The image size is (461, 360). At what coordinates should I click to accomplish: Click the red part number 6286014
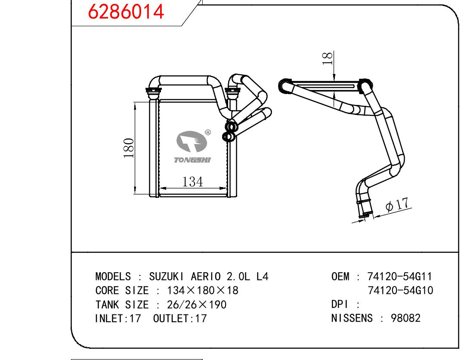click(x=126, y=12)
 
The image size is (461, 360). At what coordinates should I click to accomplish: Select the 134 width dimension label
click(x=192, y=182)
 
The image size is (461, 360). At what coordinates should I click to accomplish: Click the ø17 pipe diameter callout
click(x=397, y=205)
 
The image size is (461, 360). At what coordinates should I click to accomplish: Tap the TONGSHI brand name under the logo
click(x=192, y=160)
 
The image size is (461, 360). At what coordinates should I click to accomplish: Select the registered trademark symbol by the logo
click(x=208, y=132)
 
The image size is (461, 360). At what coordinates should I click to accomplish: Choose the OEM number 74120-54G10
click(x=400, y=291)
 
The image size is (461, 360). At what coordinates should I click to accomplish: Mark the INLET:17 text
click(x=118, y=319)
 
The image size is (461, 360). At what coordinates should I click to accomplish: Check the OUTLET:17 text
click(x=180, y=319)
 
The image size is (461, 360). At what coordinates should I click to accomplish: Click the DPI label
click(x=340, y=305)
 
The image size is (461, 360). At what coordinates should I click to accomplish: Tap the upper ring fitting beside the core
click(x=232, y=127)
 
